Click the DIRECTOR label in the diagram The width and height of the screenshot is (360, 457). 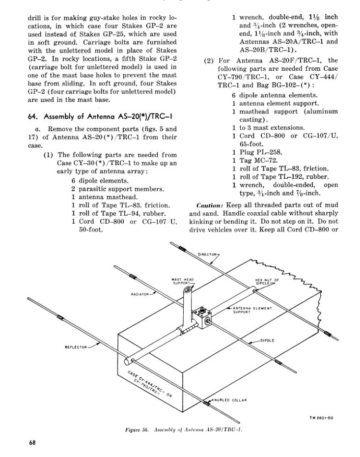pyautogui.click(x=207, y=255)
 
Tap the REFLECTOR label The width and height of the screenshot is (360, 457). pyautogui.click(x=76, y=346)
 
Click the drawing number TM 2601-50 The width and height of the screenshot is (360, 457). pyautogui.click(x=322, y=418)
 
